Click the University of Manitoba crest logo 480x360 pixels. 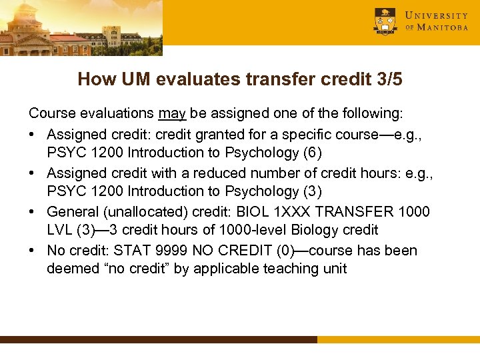point(385,21)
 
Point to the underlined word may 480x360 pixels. point(172,114)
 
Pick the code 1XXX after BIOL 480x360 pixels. point(332,211)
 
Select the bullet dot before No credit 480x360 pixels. point(33,251)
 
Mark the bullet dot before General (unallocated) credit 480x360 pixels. point(33,211)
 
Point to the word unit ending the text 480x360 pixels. point(335,269)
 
